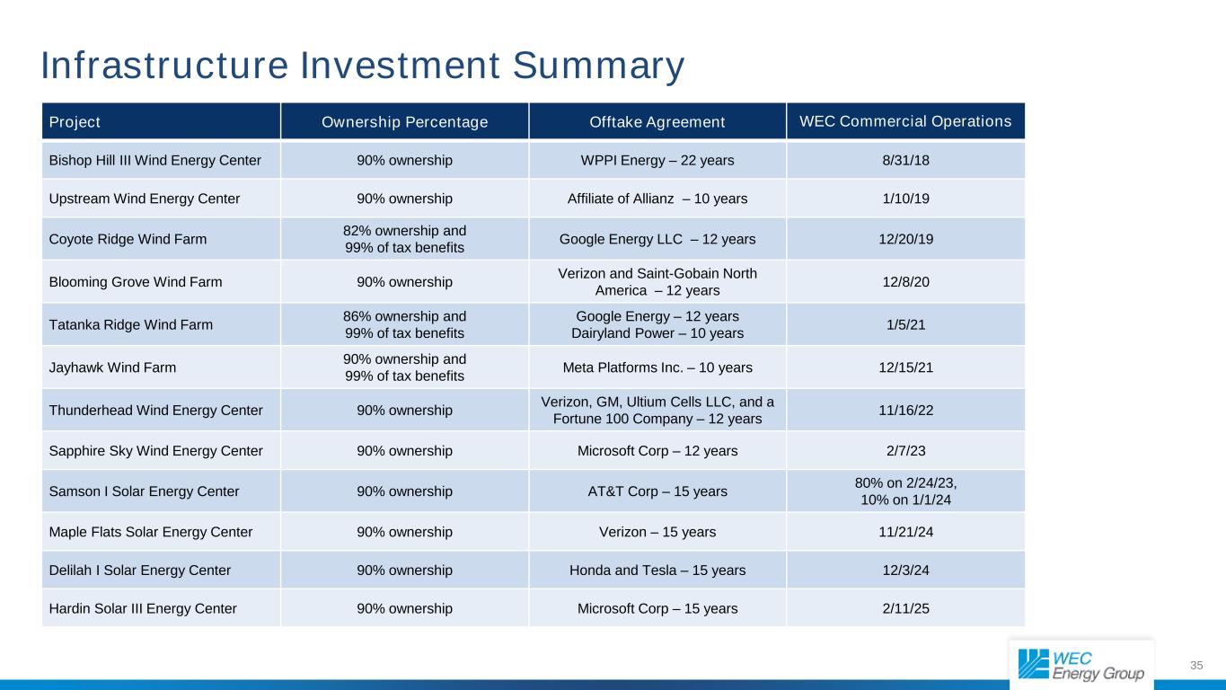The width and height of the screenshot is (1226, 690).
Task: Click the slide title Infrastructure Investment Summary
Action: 363,66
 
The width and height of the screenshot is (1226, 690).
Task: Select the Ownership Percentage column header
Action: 404,122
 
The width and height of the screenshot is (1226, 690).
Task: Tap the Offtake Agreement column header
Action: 657,122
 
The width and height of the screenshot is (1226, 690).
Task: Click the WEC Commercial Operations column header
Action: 904,121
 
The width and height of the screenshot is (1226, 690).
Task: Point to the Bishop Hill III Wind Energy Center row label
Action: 155,161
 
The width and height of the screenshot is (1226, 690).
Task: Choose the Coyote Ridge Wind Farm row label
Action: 128,239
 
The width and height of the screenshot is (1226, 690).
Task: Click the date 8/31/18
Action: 905,161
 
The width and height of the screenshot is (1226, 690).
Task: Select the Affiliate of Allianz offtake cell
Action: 657,199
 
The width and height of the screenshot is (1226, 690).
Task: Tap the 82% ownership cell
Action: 404,239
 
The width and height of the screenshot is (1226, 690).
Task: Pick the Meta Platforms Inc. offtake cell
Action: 657,367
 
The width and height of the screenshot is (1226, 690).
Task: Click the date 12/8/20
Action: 905,281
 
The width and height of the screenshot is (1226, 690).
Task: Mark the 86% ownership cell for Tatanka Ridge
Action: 404,324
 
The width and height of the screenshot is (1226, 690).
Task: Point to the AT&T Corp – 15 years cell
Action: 657,491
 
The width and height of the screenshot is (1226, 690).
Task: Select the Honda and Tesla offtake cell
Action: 657,570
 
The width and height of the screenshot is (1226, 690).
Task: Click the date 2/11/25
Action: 905,608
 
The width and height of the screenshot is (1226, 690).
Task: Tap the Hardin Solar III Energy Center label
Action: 143,608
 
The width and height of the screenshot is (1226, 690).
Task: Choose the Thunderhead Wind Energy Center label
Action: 155,411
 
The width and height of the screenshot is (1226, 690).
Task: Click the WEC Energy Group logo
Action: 1081,665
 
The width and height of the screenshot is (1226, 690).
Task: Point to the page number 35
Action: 1196,665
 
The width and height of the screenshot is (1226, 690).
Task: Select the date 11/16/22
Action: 905,411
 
